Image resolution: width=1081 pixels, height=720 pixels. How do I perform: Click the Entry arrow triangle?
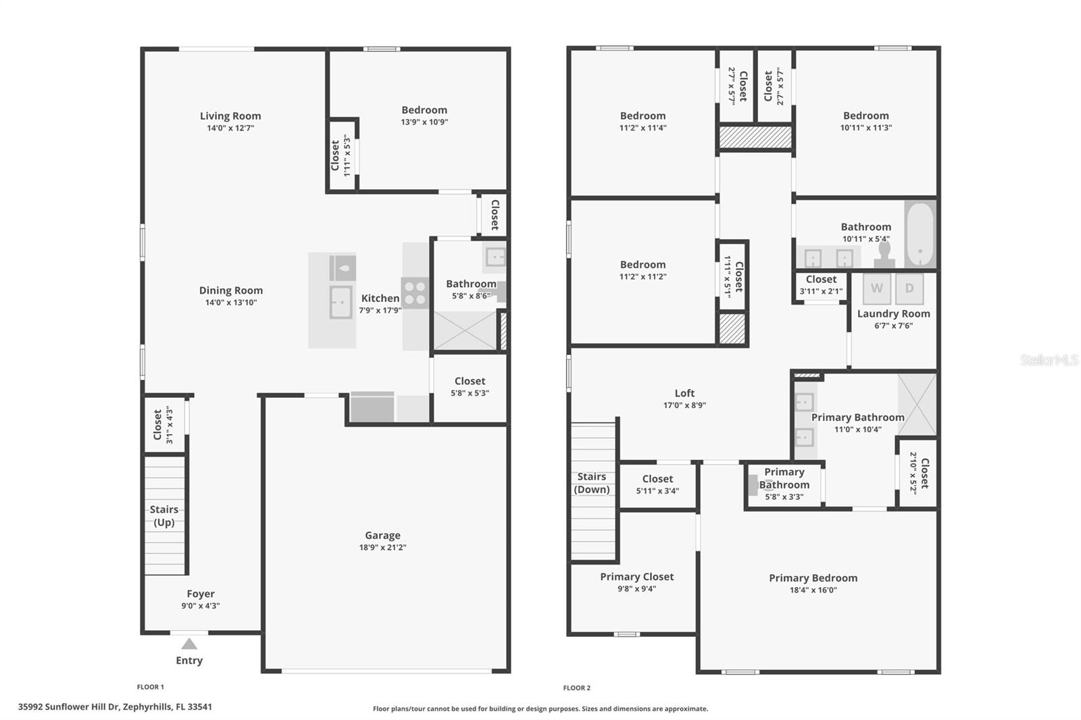(189, 644)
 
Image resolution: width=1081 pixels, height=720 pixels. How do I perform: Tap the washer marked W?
(876, 288)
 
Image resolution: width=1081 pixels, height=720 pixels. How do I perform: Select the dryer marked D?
(909, 288)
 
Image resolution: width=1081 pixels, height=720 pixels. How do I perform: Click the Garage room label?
(382, 535)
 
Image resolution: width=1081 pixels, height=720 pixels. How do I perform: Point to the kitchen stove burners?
(415, 293)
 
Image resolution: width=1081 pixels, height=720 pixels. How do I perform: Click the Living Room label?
(230, 115)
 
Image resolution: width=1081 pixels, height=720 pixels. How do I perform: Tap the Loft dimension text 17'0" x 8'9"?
(684, 405)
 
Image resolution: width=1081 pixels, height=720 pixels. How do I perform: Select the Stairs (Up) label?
(164, 516)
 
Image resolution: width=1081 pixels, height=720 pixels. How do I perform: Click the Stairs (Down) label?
(592, 483)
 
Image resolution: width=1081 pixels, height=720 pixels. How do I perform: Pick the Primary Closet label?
(637, 577)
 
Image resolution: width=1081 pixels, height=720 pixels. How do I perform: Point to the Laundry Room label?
(893, 313)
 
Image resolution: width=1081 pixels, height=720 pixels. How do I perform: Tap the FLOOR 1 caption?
(151, 687)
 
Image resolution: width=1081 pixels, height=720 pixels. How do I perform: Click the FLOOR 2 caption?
(577, 688)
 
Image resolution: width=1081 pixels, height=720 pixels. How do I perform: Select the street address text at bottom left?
(115, 707)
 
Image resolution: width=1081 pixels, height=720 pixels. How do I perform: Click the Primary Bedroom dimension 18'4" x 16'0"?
(813, 590)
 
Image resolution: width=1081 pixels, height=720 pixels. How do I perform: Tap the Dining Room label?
(231, 290)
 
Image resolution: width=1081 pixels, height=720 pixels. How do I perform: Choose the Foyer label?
(201, 594)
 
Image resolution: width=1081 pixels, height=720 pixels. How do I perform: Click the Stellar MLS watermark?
(1049, 360)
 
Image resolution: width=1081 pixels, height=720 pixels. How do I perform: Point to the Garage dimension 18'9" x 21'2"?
(382, 548)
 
